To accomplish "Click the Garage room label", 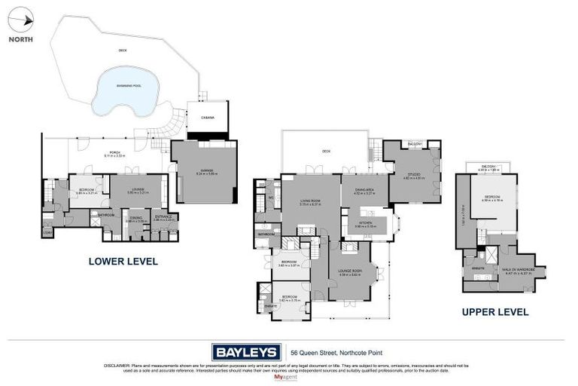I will tap(205, 170).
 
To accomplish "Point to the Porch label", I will tap(114, 153).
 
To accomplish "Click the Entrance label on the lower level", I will tap(163, 218).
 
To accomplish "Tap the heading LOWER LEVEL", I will tap(123, 262).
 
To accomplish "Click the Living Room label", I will tap(310, 201).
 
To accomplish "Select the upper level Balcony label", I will tap(490, 168).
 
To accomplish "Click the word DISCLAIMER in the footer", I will tap(117, 366).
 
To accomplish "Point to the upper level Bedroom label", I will tap(490, 198).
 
